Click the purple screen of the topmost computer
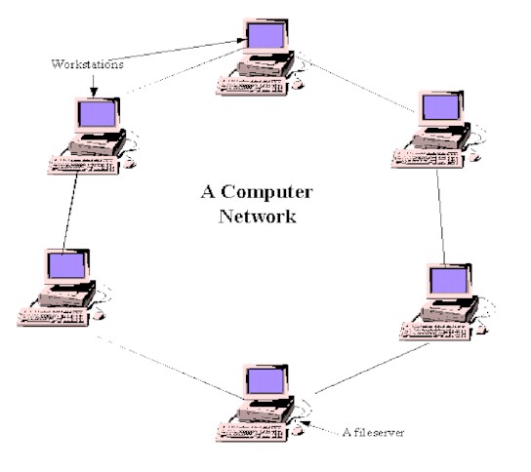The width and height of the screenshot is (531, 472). pyautogui.click(x=265, y=35)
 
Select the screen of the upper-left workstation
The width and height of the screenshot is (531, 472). pyautogui.click(x=96, y=115)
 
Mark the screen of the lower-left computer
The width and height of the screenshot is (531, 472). pyautogui.click(x=64, y=266)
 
